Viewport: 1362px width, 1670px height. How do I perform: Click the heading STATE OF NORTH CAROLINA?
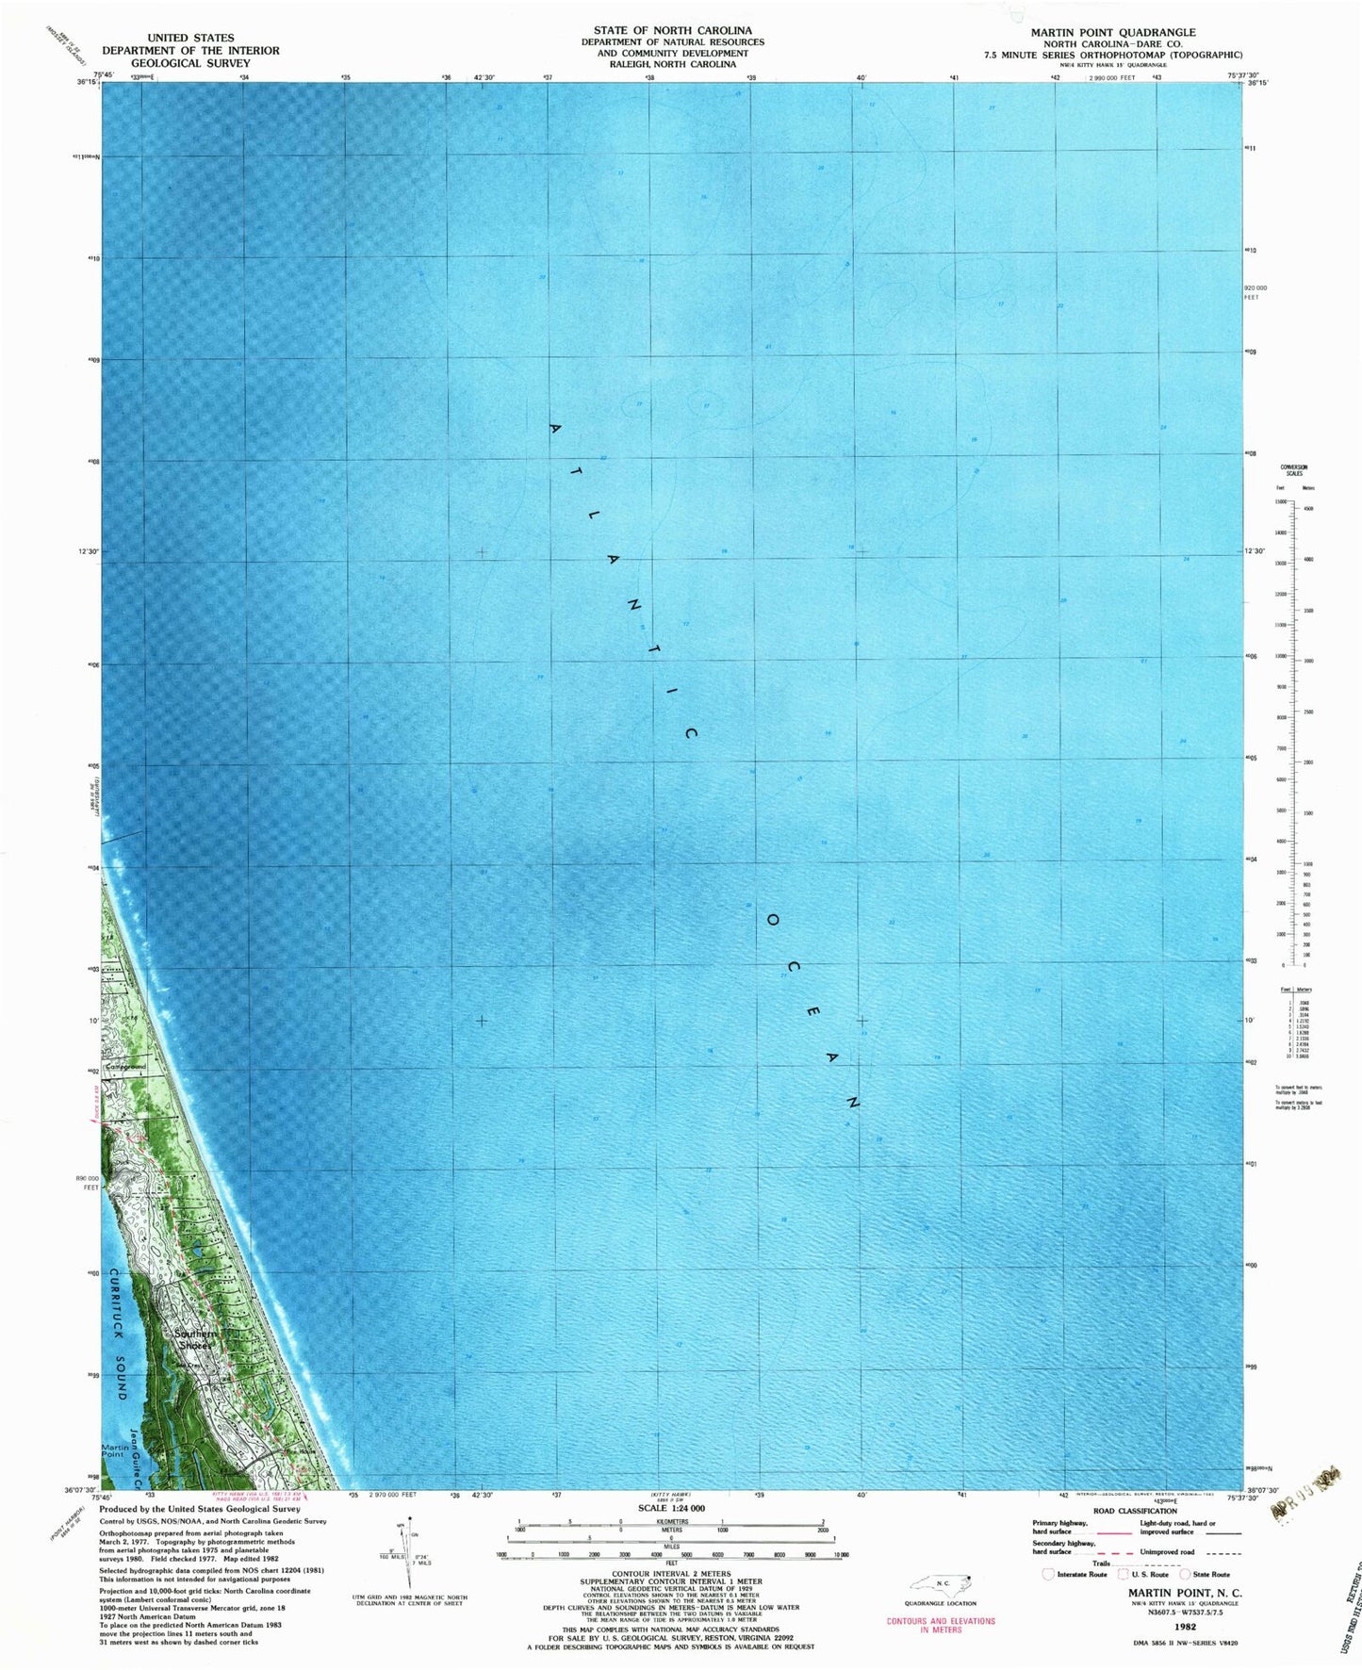[672, 30]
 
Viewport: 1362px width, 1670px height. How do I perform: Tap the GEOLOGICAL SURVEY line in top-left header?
[190, 63]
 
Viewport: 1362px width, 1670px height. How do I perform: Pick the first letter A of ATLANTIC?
[555, 430]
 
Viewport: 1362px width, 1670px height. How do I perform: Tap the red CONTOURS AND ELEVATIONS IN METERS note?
[940, 1625]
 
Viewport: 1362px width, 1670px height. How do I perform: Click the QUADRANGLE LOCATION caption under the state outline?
[941, 1603]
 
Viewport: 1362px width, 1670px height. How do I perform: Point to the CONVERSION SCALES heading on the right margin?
[1292, 469]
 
